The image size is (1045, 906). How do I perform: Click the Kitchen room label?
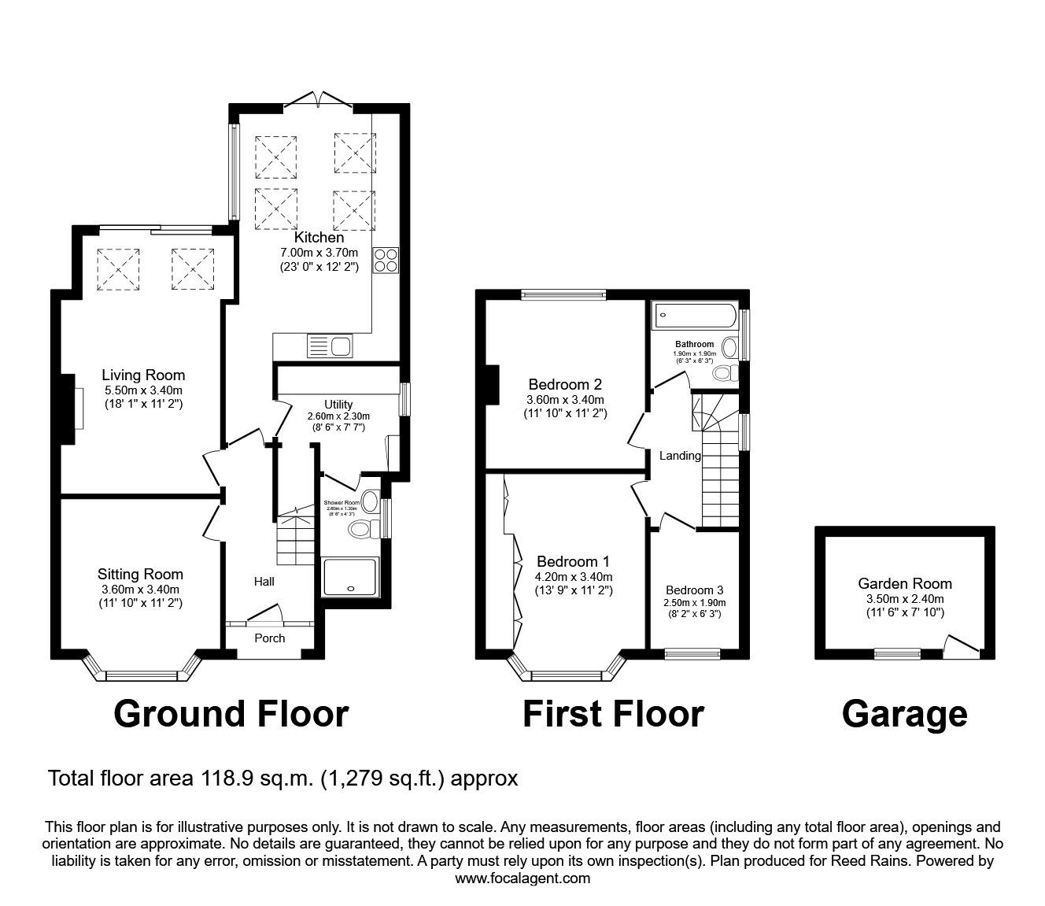click(x=319, y=237)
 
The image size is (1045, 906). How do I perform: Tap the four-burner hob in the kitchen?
click(x=386, y=260)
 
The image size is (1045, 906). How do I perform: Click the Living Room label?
click(x=143, y=375)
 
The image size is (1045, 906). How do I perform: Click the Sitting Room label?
click(x=140, y=575)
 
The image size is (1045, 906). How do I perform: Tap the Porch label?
click(x=269, y=638)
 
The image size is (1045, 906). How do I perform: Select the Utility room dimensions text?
click(x=338, y=416)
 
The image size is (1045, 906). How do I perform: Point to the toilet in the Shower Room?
click(x=363, y=529)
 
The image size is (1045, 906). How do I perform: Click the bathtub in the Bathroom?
click(x=693, y=317)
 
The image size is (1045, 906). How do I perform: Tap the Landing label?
click(x=680, y=456)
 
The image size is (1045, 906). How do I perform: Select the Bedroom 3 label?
click(x=694, y=590)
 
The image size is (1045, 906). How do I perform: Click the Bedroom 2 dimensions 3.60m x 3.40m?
click(x=565, y=400)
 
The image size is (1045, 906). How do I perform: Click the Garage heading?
click(x=904, y=714)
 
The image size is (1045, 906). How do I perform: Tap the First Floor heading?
click(x=612, y=714)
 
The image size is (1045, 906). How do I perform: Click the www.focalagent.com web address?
click(x=522, y=878)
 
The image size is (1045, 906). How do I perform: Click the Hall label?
click(x=264, y=582)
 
